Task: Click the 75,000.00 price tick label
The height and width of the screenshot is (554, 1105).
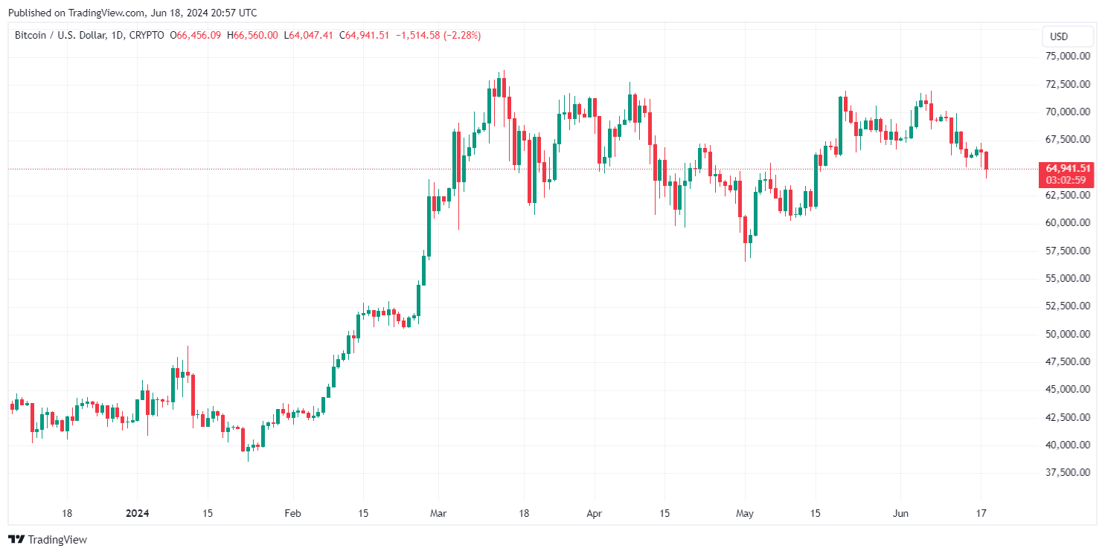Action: coord(1066,57)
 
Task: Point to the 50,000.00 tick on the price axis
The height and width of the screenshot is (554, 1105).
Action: coord(1066,334)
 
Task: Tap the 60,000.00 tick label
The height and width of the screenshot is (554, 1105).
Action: coord(1066,223)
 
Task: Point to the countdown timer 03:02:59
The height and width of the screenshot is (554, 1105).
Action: coord(1066,180)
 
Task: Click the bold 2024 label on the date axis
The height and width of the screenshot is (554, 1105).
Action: coord(138,513)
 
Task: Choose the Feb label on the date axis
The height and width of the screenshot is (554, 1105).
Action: coord(292,513)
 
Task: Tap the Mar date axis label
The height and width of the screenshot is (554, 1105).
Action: coord(438,513)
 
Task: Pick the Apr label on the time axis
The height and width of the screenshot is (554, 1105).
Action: coord(594,513)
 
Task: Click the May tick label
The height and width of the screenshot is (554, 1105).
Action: coord(745,513)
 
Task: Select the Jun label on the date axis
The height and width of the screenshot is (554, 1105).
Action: coord(900,513)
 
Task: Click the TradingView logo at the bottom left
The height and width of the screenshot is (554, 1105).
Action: coord(48,539)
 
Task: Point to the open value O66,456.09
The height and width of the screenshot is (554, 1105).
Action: coord(196,35)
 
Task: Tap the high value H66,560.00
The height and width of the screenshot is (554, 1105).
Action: coord(252,35)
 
